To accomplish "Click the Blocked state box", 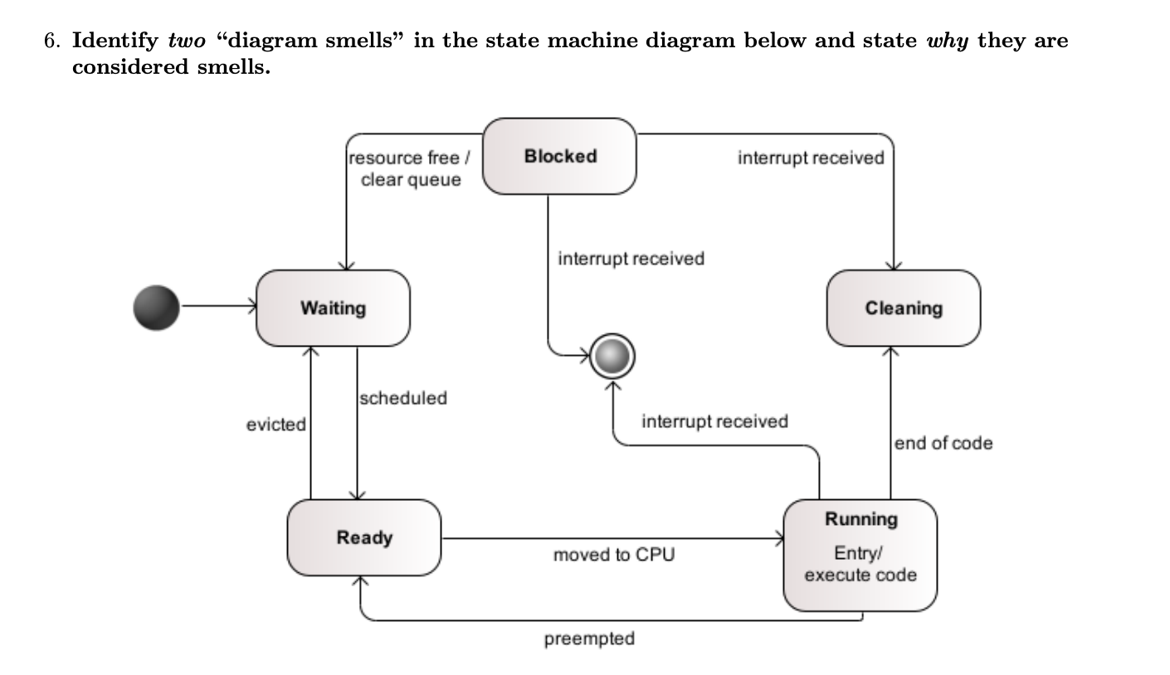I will (x=559, y=156).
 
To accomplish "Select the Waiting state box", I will (x=333, y=308).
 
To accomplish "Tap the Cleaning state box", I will (x=903, y=308).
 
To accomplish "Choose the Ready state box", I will (x=363, y=537).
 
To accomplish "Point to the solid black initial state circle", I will (x=156, y=307).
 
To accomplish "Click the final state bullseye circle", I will (x=614, y=357).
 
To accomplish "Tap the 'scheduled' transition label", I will (x=403, y=398).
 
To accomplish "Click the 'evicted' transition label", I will (x=275, y=425).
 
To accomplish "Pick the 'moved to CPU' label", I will (x=613, y=555).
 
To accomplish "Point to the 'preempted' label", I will (x=589, y=639).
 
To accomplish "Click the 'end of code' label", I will (x=943, y=443).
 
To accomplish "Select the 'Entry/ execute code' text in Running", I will (x=860, y=565).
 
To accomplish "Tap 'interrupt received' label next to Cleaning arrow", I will (x=811, y=158).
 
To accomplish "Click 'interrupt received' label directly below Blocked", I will (x=631, y=259).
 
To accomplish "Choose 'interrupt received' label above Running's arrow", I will (x=714, y=421).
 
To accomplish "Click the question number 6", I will (x=51, y=41).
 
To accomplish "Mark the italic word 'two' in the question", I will (x=187, y=41).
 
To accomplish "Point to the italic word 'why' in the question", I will (x=947, y=41).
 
